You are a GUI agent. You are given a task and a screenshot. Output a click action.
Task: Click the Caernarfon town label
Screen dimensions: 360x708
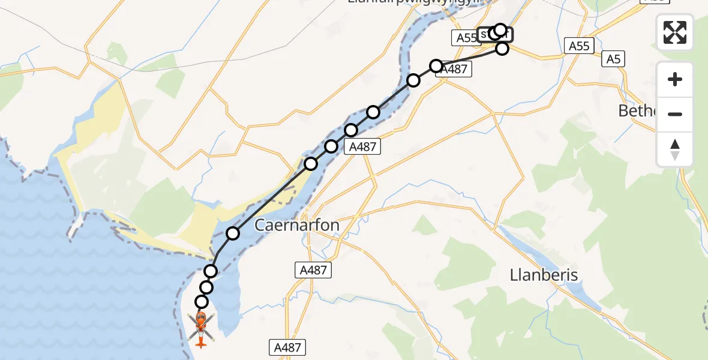pyautogui.click(x=297, y=226)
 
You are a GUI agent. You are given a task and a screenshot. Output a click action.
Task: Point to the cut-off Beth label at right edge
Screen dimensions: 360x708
pyautogui.click(x=638, y=111)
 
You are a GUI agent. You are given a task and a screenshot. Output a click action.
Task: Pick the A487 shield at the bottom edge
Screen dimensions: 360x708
pyautogui.click(x=287, y=347)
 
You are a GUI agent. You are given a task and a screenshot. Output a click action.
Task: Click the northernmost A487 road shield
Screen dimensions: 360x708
pyautogui.click(x=454, y=70)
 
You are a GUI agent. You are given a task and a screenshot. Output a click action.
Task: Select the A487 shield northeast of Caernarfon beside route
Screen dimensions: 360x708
pyautogui.click(x=362, y=146)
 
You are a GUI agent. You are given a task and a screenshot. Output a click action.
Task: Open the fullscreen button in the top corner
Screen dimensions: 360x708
pyautogui.click(x=675, y=32)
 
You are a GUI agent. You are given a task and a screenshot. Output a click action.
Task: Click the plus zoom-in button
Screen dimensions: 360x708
pyautogui.click(x=675, y=79)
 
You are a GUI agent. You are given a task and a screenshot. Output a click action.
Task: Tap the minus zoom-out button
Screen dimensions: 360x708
pyautogui.click(x=675, y=114)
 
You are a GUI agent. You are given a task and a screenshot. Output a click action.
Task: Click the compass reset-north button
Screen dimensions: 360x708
pyautogui.click(x=675, y=149)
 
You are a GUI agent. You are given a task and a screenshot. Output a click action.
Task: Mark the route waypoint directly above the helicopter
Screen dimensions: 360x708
pyautogui.click(x=202, y=302)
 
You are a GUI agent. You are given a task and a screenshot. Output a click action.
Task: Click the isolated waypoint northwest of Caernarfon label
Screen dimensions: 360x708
pyautogui.click(x=233, y=233)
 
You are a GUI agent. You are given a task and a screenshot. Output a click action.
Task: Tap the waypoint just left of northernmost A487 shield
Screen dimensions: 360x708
pyautogui.click(x=436, y=65)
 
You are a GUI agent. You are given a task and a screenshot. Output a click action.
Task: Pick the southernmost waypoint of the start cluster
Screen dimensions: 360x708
pyautogui.click(x=502, y=48)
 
